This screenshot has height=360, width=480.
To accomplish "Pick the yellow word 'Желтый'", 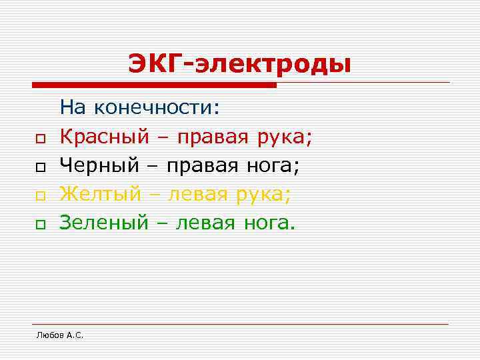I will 100,194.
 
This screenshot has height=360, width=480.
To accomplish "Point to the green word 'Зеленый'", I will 103,223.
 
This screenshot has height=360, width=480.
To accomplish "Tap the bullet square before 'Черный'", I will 40,167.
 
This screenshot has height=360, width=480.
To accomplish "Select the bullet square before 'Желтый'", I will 40,196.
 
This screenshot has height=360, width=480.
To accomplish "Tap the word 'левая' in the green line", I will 205,223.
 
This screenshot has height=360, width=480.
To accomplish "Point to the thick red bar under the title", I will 154,85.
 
